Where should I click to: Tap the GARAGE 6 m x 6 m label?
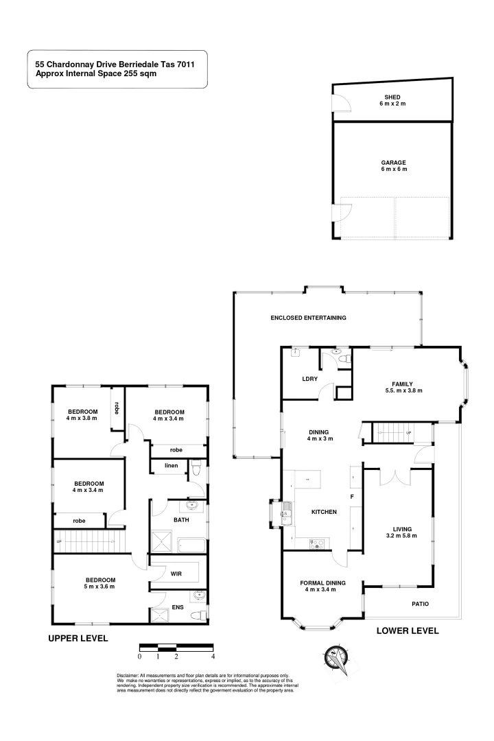tap(393, 166)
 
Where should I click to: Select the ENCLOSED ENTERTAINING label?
tap(308, 318)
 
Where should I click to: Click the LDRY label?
tap(308, 379)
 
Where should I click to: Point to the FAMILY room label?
tap(403, 387)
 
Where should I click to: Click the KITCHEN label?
tap(324, 512)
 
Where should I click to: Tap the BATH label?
tap(182, 519)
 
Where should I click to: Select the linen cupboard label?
tap(171, 466)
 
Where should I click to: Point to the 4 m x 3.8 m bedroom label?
tap(82, 414)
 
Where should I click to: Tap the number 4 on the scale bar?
tap(213, 657)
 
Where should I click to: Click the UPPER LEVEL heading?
tap(78, 638)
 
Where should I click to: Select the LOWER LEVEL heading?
tap(408, 631)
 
